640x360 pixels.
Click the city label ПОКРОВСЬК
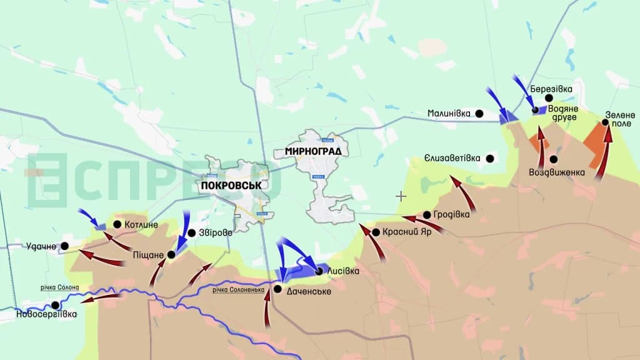point(231,186)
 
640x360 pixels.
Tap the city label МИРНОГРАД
point(312,151)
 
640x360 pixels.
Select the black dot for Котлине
point(117,224)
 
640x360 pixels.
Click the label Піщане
point(148,255)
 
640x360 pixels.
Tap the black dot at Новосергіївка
point(56,305)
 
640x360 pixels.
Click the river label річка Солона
point(60,287)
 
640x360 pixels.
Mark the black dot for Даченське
point(277,289)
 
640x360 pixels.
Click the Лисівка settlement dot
point(319,271)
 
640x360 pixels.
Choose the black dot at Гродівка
point(426,214)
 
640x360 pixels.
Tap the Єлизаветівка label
point(451,158)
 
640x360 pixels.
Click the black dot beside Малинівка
point(479,113)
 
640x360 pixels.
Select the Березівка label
point(551,89)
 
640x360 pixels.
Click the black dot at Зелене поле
point(605,123)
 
